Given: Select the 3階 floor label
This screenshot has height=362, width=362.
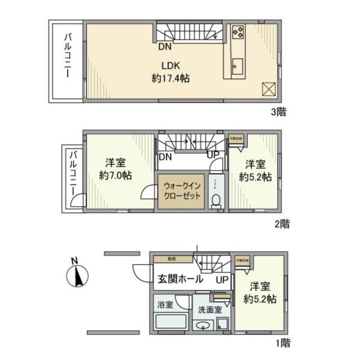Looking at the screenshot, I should coord(278,112).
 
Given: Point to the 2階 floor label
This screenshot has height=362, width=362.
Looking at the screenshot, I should coord(282,224).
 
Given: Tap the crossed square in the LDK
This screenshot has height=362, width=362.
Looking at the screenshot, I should coord(268,89).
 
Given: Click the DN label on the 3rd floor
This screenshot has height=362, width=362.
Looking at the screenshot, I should coord(164,45).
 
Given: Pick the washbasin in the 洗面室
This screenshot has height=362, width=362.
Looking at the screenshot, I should coord(203,326).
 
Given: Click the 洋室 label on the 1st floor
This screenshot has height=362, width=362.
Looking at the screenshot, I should coord(261,286).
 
